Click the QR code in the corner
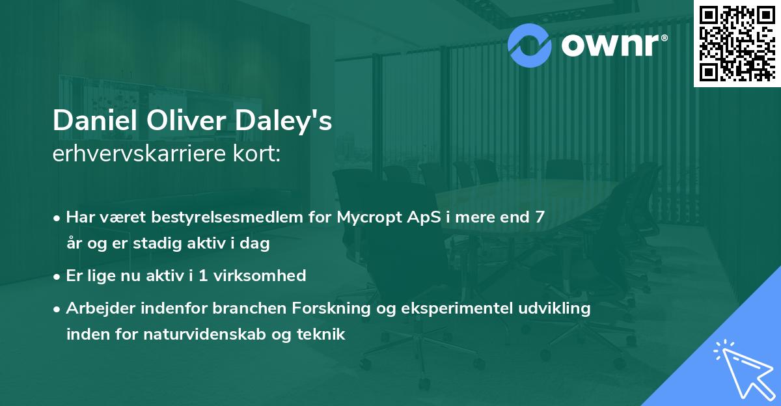[737, 42]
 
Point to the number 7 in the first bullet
[540, 217]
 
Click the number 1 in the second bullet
[203, 276]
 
